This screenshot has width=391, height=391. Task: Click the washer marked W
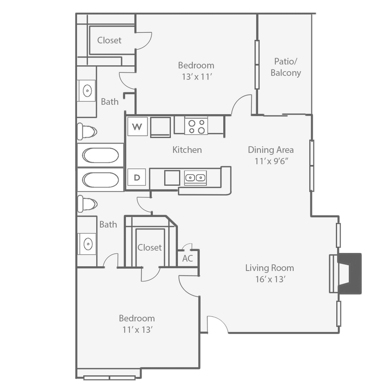137,126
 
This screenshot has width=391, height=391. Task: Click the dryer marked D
137,177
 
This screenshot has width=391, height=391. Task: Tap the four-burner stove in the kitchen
195,126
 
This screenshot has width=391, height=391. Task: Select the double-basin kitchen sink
195,177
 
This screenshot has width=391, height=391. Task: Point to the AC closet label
187,259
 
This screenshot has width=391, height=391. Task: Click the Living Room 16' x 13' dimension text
269,279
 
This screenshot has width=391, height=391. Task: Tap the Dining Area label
271,150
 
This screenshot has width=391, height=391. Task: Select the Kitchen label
187,150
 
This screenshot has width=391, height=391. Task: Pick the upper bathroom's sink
87,90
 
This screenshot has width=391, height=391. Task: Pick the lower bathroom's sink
87,242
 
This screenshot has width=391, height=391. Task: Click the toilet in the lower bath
87,202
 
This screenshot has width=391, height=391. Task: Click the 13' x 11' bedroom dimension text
196,77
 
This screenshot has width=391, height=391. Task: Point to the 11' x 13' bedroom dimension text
137,330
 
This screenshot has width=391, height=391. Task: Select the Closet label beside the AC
150,247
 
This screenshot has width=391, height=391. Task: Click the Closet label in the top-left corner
109,40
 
